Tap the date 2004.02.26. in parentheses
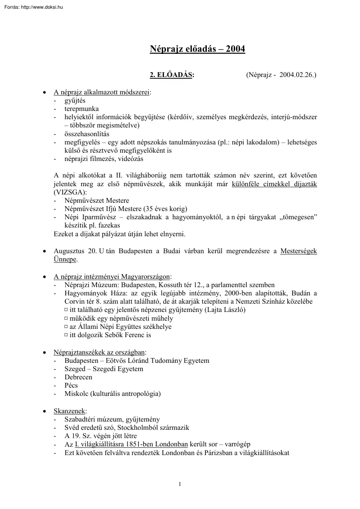(298, 75)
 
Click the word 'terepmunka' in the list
(81, 109)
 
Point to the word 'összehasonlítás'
(87, 134)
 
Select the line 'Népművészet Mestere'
(97, 201)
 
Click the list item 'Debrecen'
(78, 377)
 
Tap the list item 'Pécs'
(71, 385)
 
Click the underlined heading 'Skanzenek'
(70, 411)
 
